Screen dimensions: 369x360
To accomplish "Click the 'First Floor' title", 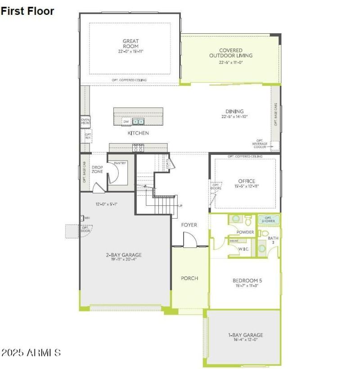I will [x=27, y=11].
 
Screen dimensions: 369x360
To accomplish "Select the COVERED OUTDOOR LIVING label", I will [x=230, y=53].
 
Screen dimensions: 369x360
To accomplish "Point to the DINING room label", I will [x=234, y=111].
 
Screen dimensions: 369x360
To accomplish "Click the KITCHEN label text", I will [x=138, y=133].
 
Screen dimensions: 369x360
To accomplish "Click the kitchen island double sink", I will [x=139, y=121].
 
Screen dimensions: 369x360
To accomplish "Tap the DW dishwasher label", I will [x=126, y=121].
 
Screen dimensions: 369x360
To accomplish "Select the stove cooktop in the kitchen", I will [x=138, y=148].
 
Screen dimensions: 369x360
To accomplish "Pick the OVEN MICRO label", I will [x=85, y=121].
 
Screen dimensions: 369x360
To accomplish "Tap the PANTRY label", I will [x=120, y=163].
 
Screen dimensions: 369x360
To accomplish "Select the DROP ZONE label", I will [x=97, y=169].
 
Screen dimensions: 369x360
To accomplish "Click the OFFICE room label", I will [x=247, y=181].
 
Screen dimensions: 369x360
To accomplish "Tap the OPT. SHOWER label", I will [x=269, y=220].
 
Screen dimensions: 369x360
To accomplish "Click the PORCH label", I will [x=189, y=278].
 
